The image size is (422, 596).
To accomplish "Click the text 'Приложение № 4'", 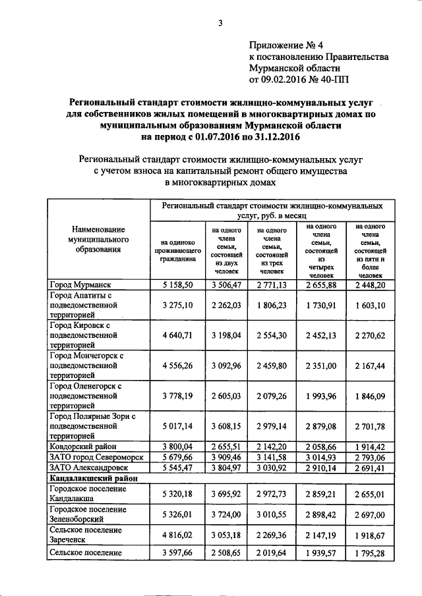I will (287, 45).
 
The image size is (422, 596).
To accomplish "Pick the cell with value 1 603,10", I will (375, 306).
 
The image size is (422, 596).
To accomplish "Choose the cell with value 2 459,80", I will (272, 365).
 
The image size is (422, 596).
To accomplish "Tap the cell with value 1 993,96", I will (322, 394).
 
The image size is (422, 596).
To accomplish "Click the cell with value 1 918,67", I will (375, 535).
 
